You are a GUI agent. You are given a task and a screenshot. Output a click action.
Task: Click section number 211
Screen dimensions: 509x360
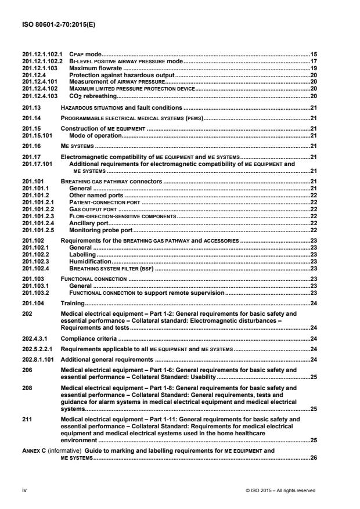(25, 418)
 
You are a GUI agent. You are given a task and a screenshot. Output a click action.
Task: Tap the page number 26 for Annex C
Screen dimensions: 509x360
(313, 458)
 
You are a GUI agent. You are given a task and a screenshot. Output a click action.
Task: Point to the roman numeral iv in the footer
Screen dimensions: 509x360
(24, 490)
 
